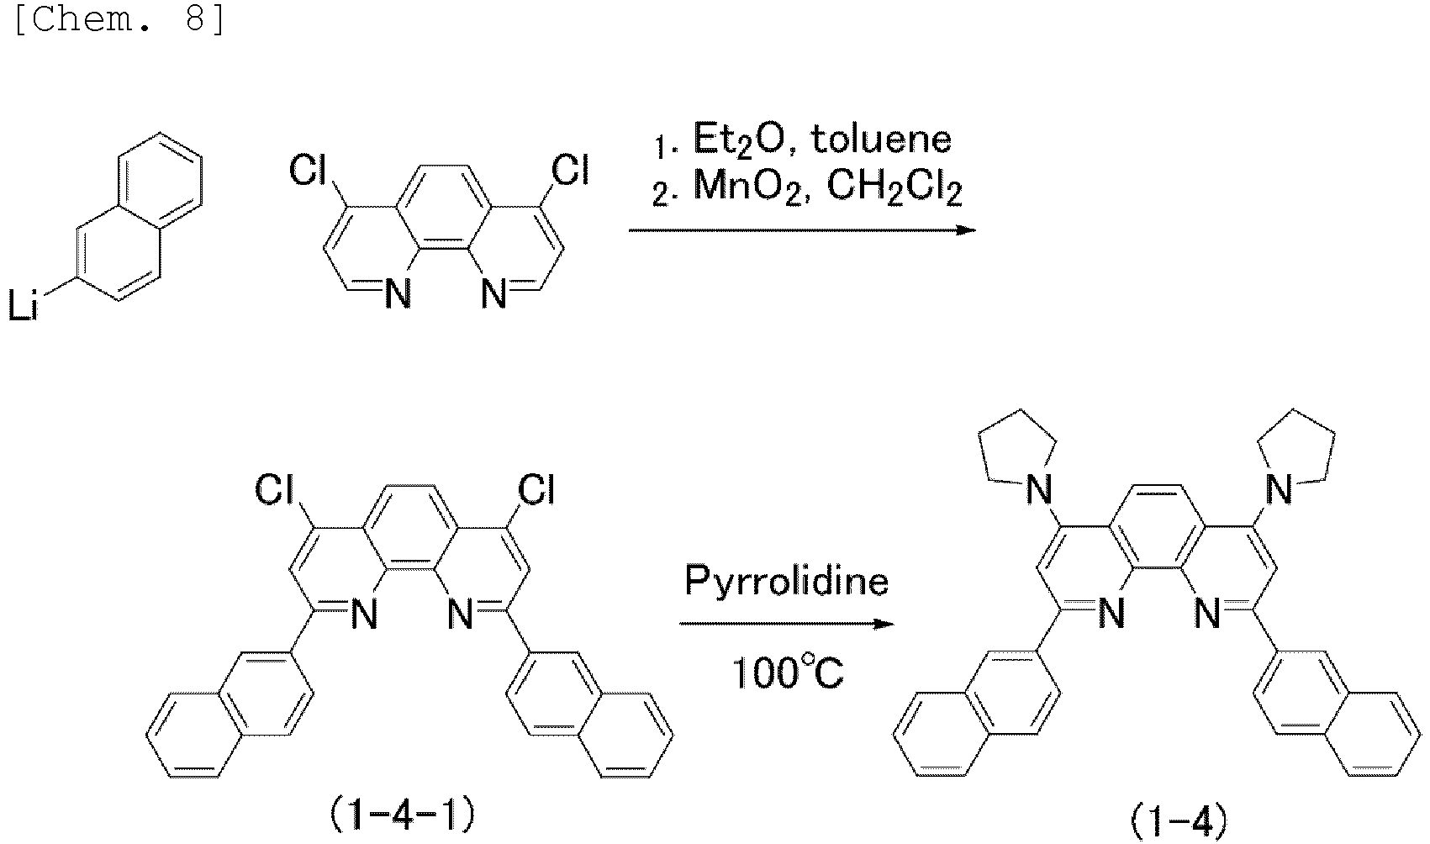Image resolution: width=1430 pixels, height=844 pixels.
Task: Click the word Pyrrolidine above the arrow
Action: pos(786,582)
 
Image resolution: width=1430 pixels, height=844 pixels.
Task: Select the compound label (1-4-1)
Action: pos(401,813)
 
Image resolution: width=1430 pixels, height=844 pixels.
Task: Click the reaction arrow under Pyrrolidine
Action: pos(786,625)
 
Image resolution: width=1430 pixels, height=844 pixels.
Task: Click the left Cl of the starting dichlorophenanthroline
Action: pos(308,172)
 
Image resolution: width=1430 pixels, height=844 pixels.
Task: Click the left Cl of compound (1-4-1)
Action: pos(274,490)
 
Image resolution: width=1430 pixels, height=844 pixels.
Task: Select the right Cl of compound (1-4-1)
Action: pos(536,489)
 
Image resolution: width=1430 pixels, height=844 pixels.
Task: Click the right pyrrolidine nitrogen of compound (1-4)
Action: pos(1279,489)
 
